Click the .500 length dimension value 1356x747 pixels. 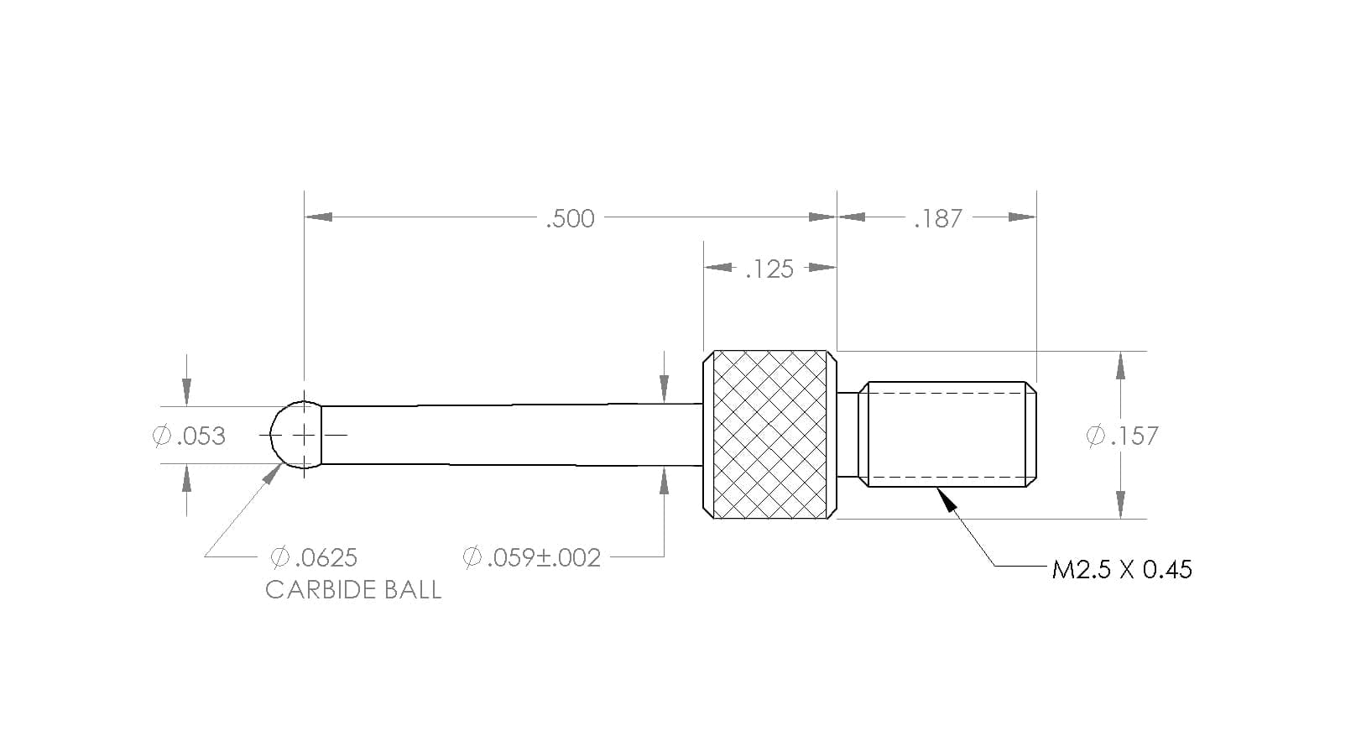[x=571, y=218]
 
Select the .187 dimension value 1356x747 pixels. [x=937, y=218]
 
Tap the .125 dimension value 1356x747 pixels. [x=769, y=269]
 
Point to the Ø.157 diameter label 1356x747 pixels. [x=1123, y=436]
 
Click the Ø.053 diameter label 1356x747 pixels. [x=189, y=436]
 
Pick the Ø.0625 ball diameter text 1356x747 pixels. [x=314, y=557]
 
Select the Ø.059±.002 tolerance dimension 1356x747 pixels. [x=531, y=557]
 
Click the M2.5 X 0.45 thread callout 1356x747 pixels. [x=1122, y=570]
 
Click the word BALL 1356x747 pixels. [x=415, y=590]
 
